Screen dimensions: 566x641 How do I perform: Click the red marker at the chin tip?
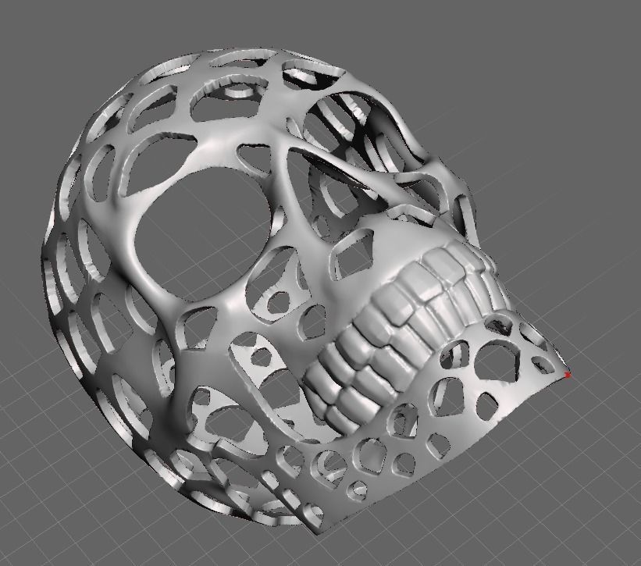pyautogui.click(x=568, y=376)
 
